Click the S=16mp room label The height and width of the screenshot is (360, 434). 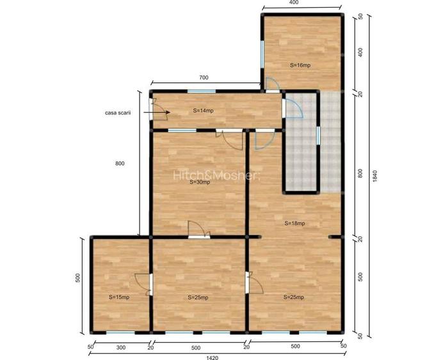[x=300, y=65]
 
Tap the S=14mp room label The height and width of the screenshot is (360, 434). [x=203, y=111]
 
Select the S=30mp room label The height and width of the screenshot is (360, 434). [x=200, y=182]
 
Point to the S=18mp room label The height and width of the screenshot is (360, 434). [x=294, y=223]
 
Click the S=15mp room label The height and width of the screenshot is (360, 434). [x=119, y=297]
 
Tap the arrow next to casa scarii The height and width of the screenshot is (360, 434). [x=156, y=113]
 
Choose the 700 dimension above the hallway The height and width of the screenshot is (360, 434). [x=204, y=77]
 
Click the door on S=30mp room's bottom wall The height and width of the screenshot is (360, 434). [x=198, y=231]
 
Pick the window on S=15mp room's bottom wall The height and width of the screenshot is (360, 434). [x=120, y=333]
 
